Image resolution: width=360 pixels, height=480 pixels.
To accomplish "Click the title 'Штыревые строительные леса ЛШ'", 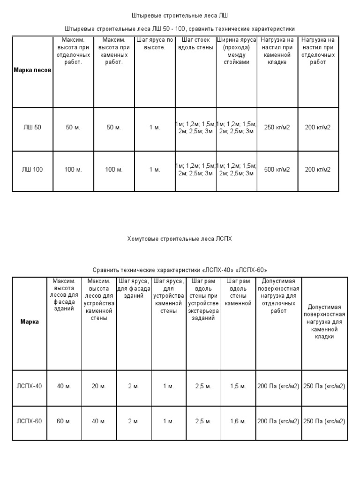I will (180, 15).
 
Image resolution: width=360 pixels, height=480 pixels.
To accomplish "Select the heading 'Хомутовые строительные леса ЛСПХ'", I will (180, 239).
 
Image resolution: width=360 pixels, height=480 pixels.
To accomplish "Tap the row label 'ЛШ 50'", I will (32, 127).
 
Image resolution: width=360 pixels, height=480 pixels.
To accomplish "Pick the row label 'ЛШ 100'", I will (32, 169).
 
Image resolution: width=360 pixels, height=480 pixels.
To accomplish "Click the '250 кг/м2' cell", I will (277, 127).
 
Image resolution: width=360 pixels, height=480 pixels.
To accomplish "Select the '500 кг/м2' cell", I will (277, 169).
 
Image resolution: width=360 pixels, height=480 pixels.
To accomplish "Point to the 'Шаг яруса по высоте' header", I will (155, 44).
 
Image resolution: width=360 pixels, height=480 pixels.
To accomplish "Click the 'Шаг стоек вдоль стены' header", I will (195, 44).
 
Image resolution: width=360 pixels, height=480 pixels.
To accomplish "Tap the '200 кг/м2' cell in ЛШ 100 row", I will (318, 169).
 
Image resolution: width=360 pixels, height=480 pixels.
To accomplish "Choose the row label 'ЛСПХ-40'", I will (30, 386).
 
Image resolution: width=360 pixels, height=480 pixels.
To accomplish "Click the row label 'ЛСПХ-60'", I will (30, 421).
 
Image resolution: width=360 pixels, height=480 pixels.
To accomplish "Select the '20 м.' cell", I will (99, 386).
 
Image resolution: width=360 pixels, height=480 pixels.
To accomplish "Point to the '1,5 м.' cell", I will (238, 386).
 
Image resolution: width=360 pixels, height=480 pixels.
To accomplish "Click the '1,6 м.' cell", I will (238, 421).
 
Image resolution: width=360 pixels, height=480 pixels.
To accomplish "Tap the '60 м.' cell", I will (64, 421).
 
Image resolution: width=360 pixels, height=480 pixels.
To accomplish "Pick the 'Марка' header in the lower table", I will (30, 322).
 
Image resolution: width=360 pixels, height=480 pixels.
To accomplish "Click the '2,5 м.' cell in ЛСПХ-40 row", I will (203, 386).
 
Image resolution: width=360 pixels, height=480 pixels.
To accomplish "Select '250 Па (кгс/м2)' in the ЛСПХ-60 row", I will (324, 421).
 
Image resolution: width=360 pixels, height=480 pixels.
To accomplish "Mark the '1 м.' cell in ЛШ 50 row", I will (155, 127).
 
